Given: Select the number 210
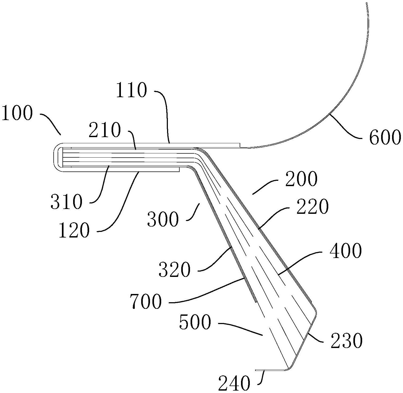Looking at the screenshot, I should pos(105,130).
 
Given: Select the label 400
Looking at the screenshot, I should pos(346,251).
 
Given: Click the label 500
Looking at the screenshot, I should pos(195,322).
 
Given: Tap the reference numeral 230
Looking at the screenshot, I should pos(346,341).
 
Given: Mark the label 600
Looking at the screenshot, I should pos(385,138).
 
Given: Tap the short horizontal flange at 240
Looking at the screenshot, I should pos(270,370).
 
